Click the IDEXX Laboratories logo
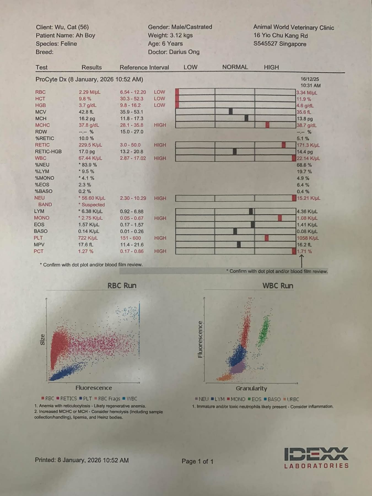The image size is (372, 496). [x=316, y=458]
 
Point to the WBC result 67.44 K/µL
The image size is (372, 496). [x=90, y=158]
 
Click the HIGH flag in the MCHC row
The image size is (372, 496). [x=160, y=125]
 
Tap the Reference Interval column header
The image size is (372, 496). [x=144, y=68]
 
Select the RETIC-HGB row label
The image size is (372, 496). [x=48, y=152]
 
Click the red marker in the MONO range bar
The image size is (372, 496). [x=280, y=218]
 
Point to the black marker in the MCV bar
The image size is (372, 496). [x=231, y=112]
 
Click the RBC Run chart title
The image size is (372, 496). [x=122, y=285]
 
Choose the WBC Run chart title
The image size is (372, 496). [x=277, y=286]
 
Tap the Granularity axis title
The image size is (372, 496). [x=251, y=389]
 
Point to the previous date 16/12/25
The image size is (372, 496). [x=310, y=79]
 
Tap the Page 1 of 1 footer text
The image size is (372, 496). [x=197, y=461]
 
